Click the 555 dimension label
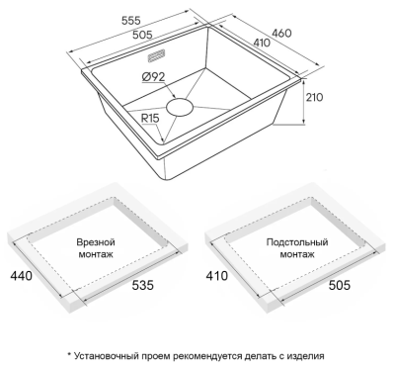point(131,21)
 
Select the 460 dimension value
point(281,33)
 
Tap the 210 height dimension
point(315,97)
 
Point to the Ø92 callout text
point(153,77)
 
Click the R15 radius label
point(150,118)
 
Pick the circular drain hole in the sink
point(180,107)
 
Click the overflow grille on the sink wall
point(156,55)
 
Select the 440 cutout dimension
point(22,275)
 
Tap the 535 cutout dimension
point(143,285)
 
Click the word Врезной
point(96,242)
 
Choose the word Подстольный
point(297,242)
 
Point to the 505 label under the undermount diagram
point(340,285)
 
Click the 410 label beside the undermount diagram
point(217,275)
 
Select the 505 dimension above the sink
point(142,35)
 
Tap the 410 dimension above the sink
point(262,43)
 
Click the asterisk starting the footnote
point(69,355)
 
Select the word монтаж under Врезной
point(96,254)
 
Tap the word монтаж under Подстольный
point(297,254)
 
